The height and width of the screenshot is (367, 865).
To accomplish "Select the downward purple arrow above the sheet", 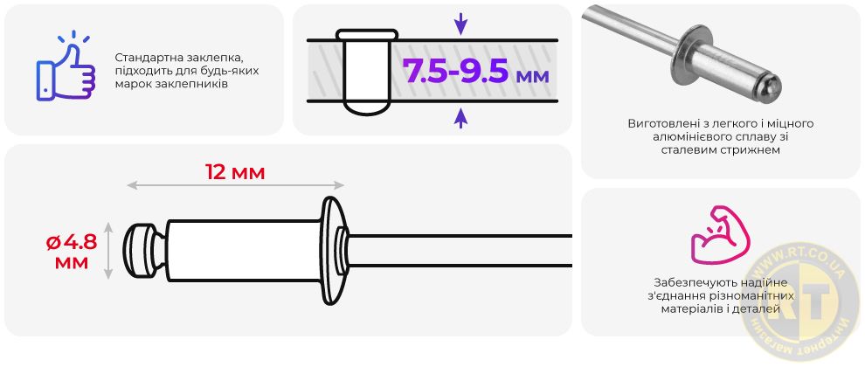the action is click(x=460, y=24).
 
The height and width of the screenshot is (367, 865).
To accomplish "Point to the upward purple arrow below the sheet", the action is click(x=460, y=118).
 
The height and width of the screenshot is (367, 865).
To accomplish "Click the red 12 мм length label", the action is click(x=235, y=172).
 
